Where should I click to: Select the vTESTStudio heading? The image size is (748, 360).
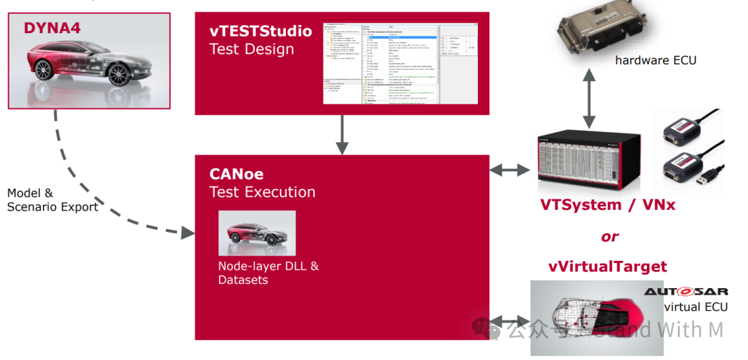click(260, 31)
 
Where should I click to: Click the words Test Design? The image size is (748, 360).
click(251, 49)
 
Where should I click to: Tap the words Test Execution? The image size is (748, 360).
click(262, 192)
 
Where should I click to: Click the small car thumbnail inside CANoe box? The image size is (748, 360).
click(257, 233)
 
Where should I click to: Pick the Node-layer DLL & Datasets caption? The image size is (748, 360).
click(269, 273)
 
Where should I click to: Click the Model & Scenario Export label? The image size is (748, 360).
click(52, 200)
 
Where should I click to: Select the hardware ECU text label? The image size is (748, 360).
click(655, 60)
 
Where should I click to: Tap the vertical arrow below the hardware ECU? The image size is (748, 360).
click(589, 100)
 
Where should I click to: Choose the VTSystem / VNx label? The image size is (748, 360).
click(607, 205)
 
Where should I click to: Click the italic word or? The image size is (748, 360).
click(609, 237)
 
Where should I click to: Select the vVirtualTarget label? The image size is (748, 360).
click(607, 267)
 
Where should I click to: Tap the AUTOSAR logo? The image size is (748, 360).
click(686, 292)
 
